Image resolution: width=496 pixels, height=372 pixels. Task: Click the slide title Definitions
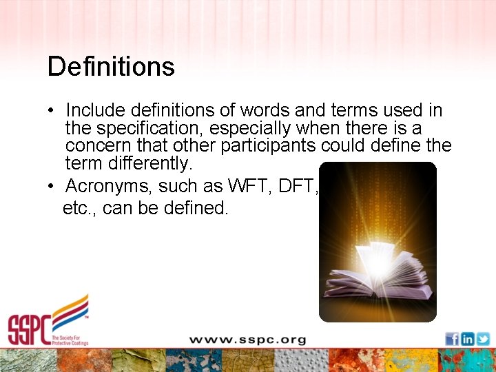tap(111, 67)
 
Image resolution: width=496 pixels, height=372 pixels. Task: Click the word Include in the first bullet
tap(95, 110)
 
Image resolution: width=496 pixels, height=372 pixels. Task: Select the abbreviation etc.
tap(77, 207)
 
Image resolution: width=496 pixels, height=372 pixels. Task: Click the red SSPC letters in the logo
tap(28, 330)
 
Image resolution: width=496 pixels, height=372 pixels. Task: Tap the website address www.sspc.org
tap(247, 340)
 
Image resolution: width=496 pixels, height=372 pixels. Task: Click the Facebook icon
tap(452, 338)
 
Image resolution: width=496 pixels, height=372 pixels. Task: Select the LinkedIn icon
tap(468, 338)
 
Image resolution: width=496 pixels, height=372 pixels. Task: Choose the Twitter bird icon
tap(483, 338)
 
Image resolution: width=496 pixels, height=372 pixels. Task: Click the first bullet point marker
tap(52, 111)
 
